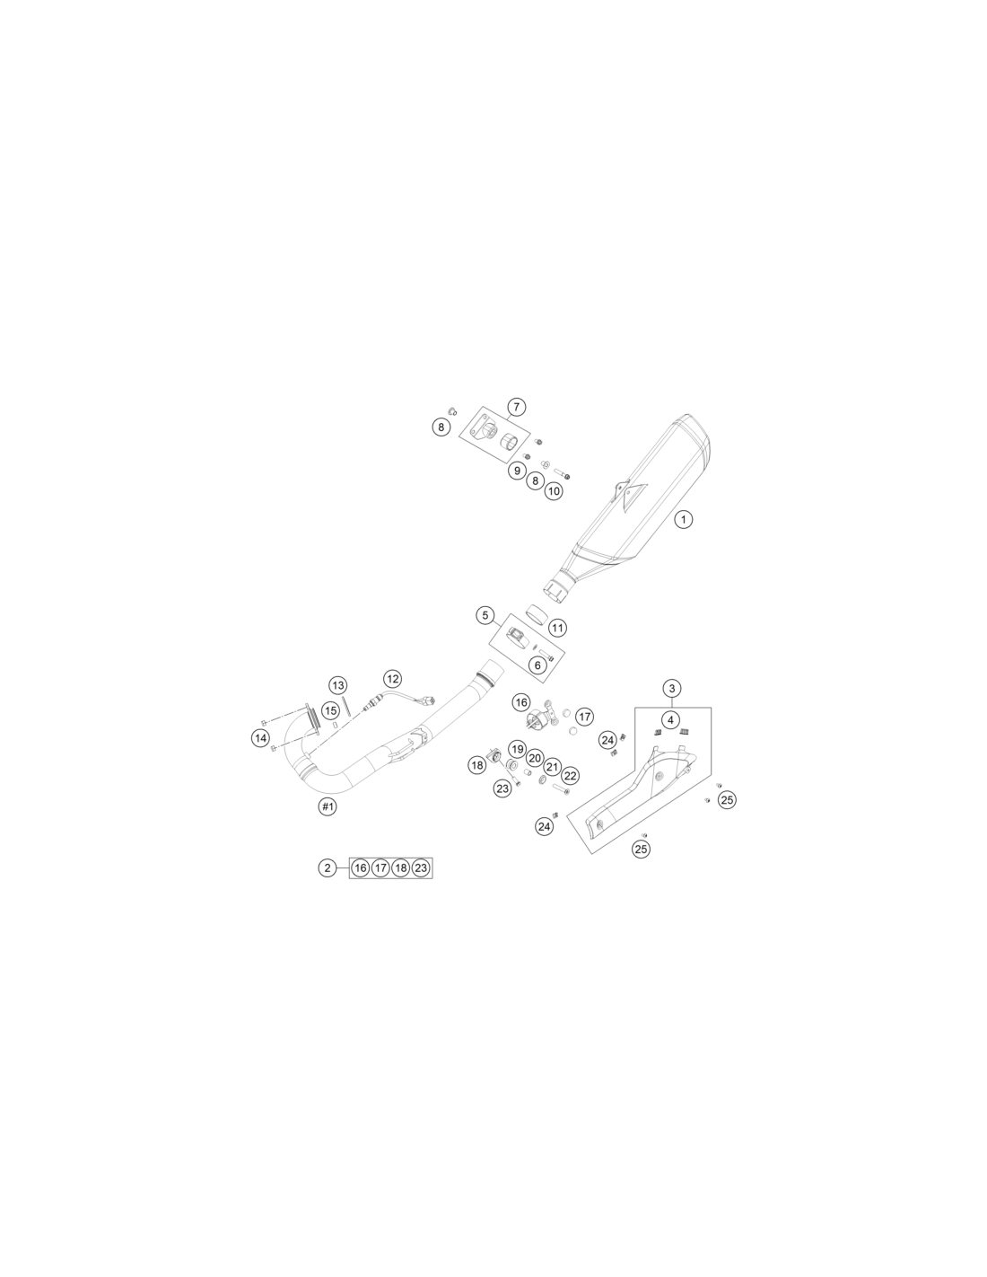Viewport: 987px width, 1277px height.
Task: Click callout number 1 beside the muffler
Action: pyautogui.click(x=683, y=519)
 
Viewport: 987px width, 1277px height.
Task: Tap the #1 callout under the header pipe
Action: pyautogui.click(x=328, y=806)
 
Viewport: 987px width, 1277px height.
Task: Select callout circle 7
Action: pyautogui.click(x=516, y=407)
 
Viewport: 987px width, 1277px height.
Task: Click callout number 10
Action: pyautogui.click(x=553, y=490)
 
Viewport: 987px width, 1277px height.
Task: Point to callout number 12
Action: pyautogui.click(x=392, y=679)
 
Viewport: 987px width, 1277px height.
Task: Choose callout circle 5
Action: pyautogui.click(x=485, y=615)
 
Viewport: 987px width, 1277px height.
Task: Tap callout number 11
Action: pyautogui.click(x=557, y=628)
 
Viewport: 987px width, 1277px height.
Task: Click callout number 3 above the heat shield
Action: pyautogui.click(x=672, y=688)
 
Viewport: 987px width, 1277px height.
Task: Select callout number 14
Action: pyautogui.click(x=261, y=737)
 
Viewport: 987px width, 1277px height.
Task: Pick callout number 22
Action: pyautogui.click(x=570, y=776)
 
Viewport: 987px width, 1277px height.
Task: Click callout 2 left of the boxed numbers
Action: pyautogui.click(x=328, y=867)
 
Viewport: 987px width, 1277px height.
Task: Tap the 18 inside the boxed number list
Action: pyautogui.click(x=401, y=867)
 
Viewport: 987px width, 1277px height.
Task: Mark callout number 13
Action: pyautogui.click(x=337, y=685)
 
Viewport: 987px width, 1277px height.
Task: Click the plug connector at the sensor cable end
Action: pyautogui.click(x=429, y=700)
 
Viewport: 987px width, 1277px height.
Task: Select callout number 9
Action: pyautogui.click(x=517, y=471)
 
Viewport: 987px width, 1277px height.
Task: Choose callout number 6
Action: pyautogui.click(x=537, y=665)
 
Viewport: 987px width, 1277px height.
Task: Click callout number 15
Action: pyautogui.click(x=331, y=710)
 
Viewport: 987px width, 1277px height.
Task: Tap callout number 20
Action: pyautogui.click(x=534, y=758)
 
